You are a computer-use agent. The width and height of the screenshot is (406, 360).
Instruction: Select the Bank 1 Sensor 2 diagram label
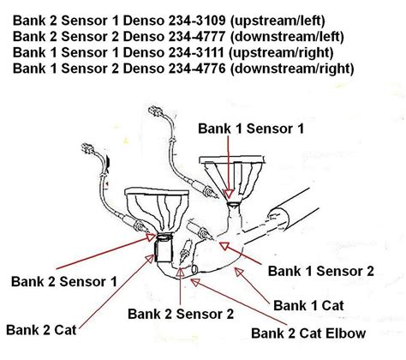[x=321, y=271]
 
